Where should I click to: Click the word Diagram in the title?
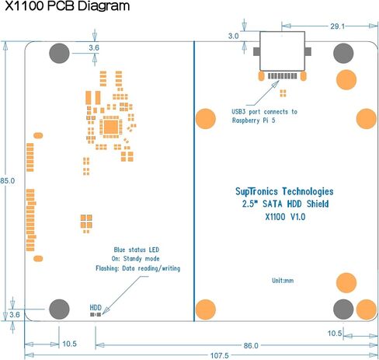click(104, 5)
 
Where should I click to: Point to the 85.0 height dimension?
click(8, 181)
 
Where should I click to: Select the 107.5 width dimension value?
click(220, 355)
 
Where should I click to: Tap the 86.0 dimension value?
click(251, 345)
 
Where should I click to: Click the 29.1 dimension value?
click(338, 26)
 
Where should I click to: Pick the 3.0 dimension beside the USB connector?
click(233, 36)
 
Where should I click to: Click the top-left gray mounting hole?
click(59, 53)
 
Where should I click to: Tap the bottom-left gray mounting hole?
click(59, 309)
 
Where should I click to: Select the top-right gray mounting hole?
click(343, 53)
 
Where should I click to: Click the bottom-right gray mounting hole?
click(343, 309)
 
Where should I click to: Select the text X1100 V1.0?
click(285, 217)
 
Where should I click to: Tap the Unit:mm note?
click(283, 281)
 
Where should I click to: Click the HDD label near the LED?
click(96, 308)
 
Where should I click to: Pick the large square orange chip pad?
click(111, 127)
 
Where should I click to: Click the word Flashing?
click(107, 268)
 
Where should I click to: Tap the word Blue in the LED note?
click(120, 250)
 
